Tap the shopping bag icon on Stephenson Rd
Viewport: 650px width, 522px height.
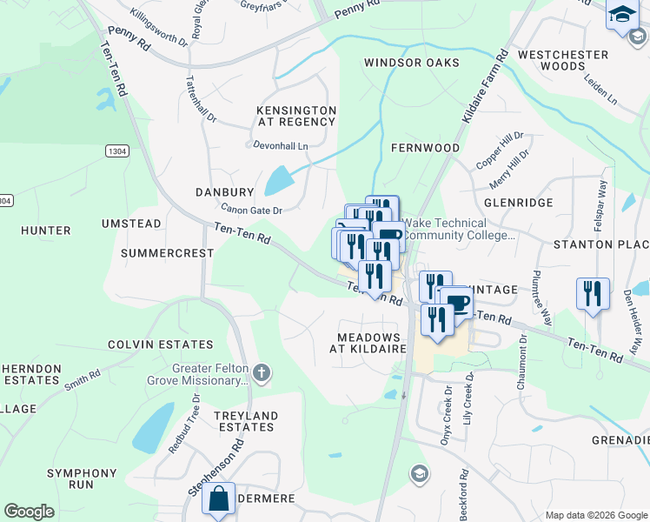click(x=219, y=499)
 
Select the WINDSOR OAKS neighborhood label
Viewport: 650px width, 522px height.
click(x=411, y=63)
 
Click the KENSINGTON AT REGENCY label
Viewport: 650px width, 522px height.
click(x=296, y=116)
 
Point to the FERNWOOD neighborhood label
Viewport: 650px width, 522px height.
click(x=425, y=148)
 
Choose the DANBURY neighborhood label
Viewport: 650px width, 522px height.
click(x=224, y=191)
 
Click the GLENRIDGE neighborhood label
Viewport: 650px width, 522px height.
click(x=519, y=202)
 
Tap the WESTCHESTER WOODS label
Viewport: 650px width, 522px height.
click(x=563, y=60)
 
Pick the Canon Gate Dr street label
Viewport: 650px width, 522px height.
click(x=251, y=210)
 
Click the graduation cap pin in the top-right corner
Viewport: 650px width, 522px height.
click(x=622, y=16)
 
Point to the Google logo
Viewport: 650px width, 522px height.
click(x=29, y=512)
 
